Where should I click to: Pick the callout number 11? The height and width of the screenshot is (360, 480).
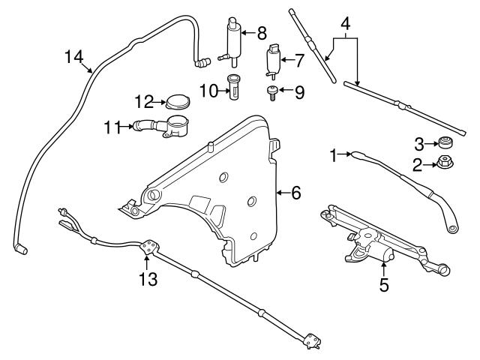[112, 128]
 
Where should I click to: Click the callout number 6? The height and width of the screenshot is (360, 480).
[295, 193]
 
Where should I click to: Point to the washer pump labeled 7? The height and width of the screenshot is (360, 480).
[272, 60]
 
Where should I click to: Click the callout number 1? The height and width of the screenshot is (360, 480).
[334, 154]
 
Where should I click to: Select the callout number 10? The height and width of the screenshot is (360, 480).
[208, 91]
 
